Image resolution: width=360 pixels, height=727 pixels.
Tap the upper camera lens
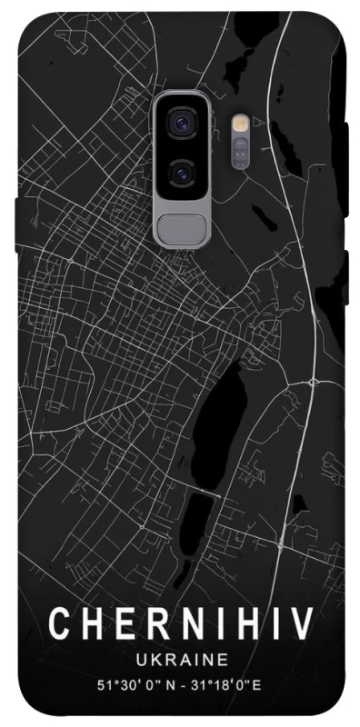click(182, 123)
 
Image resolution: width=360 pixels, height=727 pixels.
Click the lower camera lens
click(182, 170)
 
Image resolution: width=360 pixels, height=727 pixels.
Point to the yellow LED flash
click(241, 123)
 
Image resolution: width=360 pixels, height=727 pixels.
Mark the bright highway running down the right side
click(307, 300)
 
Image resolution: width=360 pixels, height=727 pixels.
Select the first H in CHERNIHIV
click(89, 625)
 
